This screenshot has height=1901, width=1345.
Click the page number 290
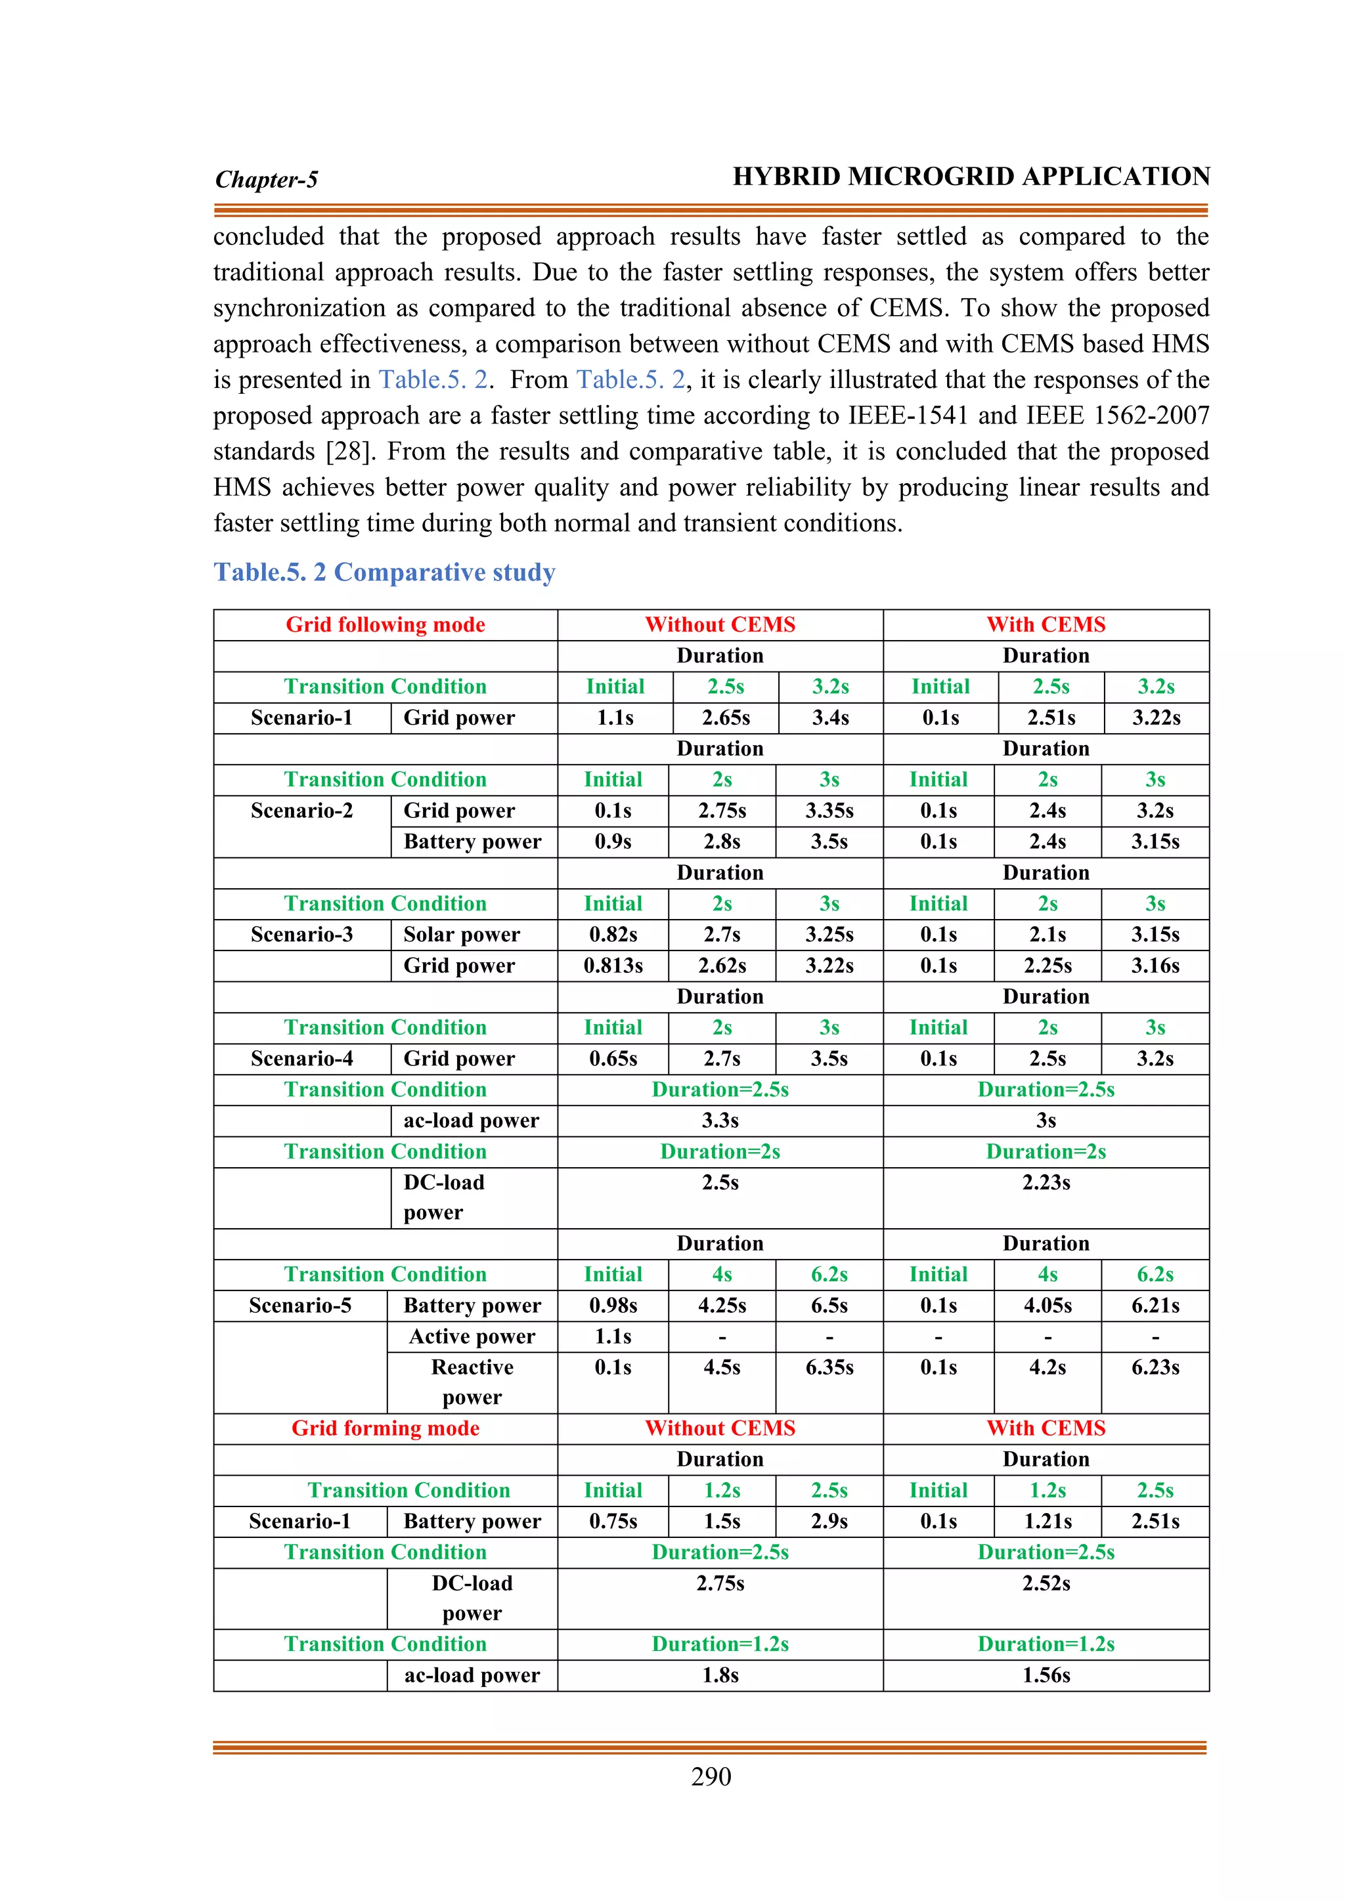click(711, 1777)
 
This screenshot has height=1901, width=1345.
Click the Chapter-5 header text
click(266, 180)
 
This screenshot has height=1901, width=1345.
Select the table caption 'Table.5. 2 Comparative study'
click(384, 572)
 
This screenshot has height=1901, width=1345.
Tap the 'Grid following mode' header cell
click(385, 625)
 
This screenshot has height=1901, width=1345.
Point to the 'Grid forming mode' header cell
click(385, 1428)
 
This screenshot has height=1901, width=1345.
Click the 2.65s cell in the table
click(726, 718)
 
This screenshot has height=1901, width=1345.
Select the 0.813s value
click(613, 966)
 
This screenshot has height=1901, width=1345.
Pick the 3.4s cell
click(830, 718)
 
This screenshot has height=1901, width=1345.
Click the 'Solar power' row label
click(461, 935)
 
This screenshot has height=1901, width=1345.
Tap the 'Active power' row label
click(472, 1336)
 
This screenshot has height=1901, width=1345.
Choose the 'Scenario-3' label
click(301, 935)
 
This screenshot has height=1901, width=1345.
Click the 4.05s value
click(1047, 1306)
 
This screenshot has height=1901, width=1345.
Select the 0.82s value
click(613, 935)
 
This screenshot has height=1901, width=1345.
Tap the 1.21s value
click(1047, 1521)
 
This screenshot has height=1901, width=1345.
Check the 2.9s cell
click(829, 1521)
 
